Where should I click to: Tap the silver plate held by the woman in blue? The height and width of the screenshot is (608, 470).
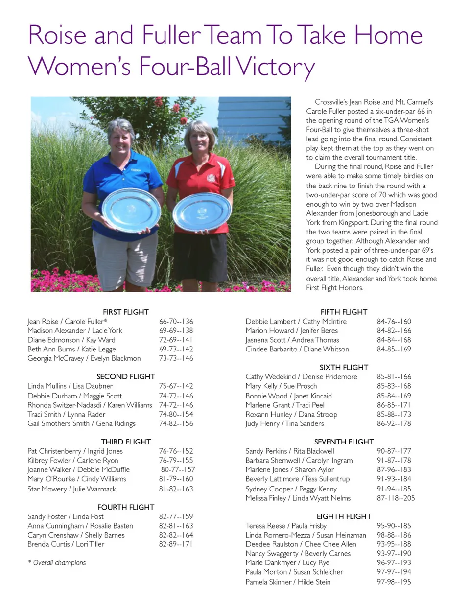point(131,210)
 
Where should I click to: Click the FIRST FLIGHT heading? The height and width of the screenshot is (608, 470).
point(125,312)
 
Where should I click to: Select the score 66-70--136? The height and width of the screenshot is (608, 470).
point(176,321)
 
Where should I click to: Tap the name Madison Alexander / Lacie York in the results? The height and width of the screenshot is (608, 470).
point(75,330)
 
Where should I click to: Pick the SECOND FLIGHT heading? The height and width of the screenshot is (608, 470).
point(125,376)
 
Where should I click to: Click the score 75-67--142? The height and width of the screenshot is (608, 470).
point(176,386)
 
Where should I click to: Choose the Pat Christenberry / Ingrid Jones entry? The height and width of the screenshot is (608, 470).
point(75,451)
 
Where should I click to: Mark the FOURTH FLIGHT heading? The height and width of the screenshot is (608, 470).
point(125,507)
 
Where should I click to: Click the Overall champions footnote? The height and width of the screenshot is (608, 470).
point(57,563)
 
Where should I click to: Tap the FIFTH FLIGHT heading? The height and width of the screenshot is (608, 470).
point(344,312)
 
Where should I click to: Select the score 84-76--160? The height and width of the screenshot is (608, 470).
point(394,321)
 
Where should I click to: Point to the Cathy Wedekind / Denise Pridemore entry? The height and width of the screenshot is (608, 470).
point(301,376)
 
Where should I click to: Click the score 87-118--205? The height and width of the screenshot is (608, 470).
point(396,498)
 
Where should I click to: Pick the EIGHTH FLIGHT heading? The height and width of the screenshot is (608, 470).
point(344,516)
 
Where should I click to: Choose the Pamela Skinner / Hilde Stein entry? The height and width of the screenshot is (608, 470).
point(288,582)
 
